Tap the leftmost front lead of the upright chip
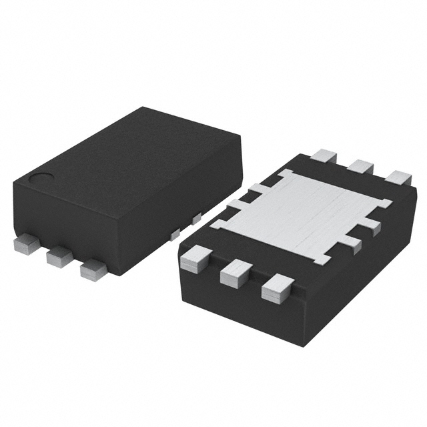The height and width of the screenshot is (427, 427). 27,244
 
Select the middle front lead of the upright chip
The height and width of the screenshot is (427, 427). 59,256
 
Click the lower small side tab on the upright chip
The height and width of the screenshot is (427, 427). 175,234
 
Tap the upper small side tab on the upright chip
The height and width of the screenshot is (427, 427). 196,219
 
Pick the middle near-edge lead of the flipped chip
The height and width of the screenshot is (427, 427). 236,272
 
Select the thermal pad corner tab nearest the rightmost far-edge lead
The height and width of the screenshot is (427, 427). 385,202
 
